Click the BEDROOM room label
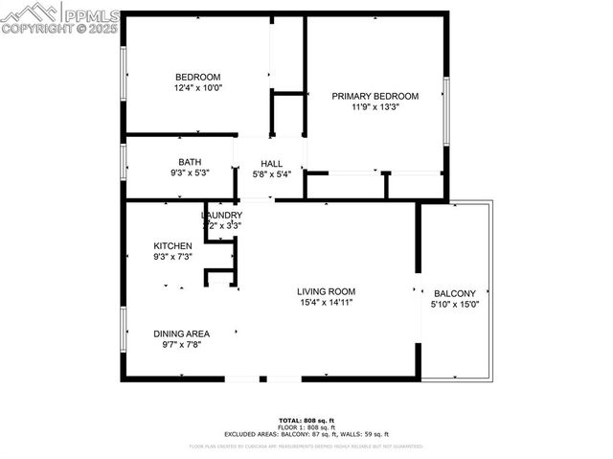pos(197,78)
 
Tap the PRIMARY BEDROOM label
pos(375,96)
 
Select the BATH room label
pos(190,162)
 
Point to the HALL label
pos(271,164)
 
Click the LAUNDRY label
pos(222,216)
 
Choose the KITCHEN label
pos(173,246)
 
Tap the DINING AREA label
pos(182,333)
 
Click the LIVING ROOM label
pos(326,291)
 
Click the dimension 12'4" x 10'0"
pos(197,88)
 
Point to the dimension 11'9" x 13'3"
pos(375,107)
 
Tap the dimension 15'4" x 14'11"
pos(326,303)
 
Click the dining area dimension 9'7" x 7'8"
pos(182,345)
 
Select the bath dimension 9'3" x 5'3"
pos(190,173)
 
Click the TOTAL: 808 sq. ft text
pos(306,421)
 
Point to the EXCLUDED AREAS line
pos(306,434)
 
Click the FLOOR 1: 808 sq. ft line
pos(306,427)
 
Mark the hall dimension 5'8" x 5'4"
pos(271,174)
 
